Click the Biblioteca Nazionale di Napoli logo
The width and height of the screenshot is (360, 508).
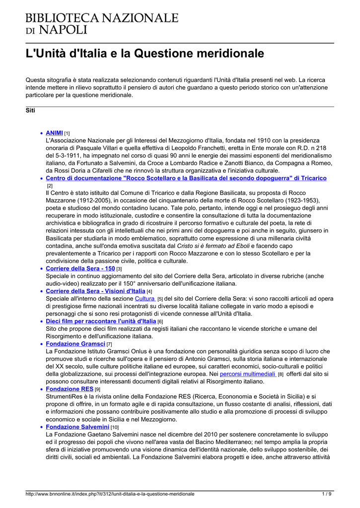click(102, 23)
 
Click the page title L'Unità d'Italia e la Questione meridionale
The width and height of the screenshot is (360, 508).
click(144, 53)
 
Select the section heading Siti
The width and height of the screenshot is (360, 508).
click(30, 110)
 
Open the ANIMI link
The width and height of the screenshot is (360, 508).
click(54, 133)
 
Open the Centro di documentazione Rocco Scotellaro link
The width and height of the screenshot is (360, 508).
click(186, 178)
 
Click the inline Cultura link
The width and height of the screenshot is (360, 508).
click(145, 299)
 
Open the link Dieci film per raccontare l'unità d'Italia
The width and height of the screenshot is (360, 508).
click(101, 321)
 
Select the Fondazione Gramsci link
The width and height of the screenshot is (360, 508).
click(75, 343)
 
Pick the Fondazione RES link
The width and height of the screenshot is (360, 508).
click(70, 389)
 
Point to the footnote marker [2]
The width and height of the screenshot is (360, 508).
click(50, 186)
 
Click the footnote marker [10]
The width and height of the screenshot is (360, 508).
click(115, 427)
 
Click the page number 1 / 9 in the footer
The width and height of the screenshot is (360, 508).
click(327, 494)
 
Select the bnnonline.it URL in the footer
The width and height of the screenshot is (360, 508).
click(110, 494)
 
